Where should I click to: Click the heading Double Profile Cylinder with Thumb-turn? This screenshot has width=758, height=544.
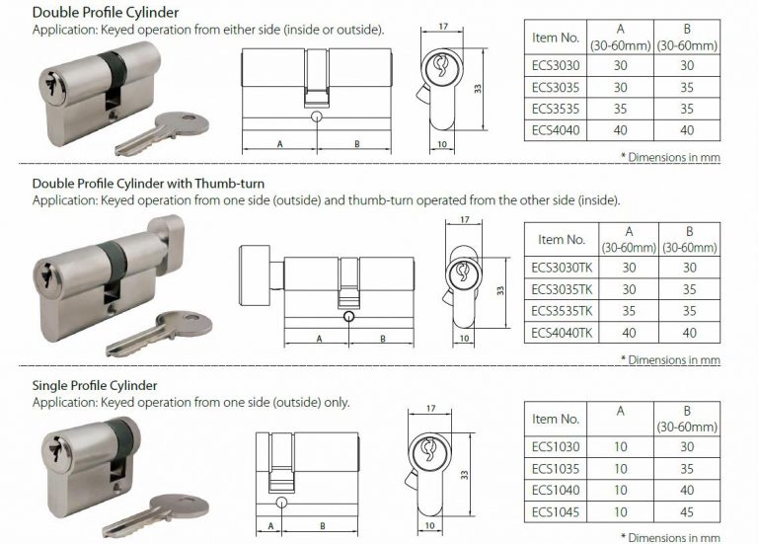point(148,184)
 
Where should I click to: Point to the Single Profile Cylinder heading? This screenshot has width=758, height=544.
point(95,384)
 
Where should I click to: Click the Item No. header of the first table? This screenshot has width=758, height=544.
point(556,38)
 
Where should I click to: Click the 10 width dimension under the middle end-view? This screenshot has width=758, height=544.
point(464,339)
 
